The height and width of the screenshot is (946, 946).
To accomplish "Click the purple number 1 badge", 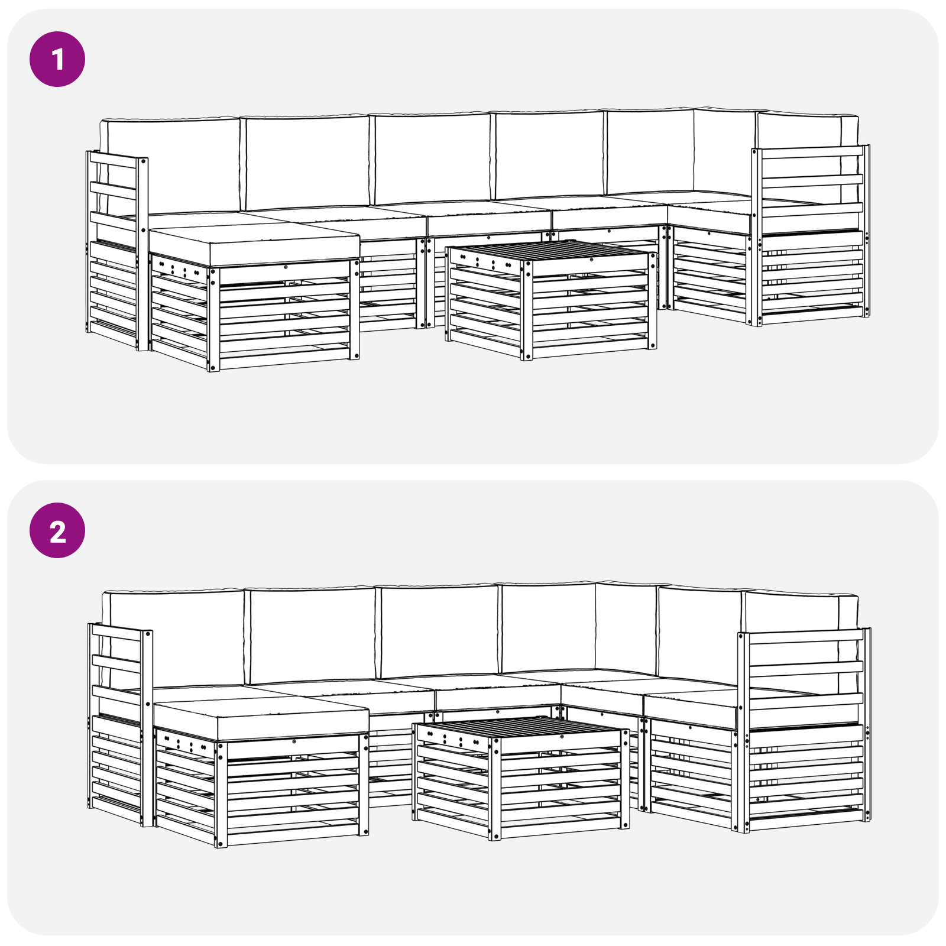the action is tap(57, 59).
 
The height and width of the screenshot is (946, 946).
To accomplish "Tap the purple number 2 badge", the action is tap(57, 530).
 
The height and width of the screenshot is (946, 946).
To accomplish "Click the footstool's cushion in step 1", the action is tap(254, 243).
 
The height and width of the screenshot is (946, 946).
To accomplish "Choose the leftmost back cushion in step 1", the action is tap(171, 166).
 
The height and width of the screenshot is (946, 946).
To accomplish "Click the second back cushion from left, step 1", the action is tap(307, 162).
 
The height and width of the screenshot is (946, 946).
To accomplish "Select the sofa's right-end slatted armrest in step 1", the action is tap(811, 234).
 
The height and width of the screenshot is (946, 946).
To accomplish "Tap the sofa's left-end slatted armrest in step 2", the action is tap(120, 724).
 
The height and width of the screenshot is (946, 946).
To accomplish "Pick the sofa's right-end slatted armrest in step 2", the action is tap(804, 730).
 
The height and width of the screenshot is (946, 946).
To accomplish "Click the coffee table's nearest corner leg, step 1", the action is tap(526, 311).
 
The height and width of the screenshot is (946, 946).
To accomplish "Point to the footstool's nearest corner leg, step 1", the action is tap(214, 319).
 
